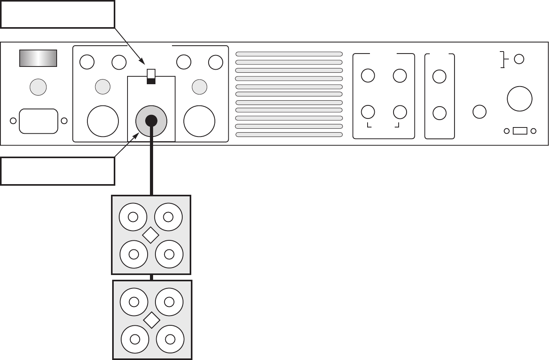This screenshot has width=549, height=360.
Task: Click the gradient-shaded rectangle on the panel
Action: point(38,58)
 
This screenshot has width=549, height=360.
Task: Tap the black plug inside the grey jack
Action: point(151,120)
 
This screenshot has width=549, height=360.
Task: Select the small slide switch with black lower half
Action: point(151,76)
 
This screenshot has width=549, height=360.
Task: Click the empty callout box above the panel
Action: point(57,14)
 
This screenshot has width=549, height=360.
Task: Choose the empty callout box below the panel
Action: point(57,171)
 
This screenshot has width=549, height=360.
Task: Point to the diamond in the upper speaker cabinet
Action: point(151,235)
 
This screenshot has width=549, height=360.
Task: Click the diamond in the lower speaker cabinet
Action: point(152,320)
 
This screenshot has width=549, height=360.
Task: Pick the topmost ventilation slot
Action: point(289,54)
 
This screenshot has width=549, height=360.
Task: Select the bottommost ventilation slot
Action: point(289,135)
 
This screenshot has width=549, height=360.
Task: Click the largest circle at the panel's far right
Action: point(519,99)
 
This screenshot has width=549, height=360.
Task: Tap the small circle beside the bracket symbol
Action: point(519,59)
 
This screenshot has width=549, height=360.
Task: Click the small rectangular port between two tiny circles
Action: point(520,131)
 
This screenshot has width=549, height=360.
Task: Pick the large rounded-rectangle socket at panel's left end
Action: point(39,121)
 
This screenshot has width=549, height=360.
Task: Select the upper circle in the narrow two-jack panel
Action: point(439,76)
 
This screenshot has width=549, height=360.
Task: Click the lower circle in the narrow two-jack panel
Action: point(439,113)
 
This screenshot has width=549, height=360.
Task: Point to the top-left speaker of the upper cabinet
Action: point(133,217)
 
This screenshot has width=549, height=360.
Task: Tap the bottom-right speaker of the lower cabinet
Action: point(170,339)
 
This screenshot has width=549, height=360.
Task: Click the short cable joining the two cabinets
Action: point(152,277)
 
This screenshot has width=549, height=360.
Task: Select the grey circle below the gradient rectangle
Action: point(38,87)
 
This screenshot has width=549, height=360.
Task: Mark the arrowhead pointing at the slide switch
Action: point(143,61)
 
